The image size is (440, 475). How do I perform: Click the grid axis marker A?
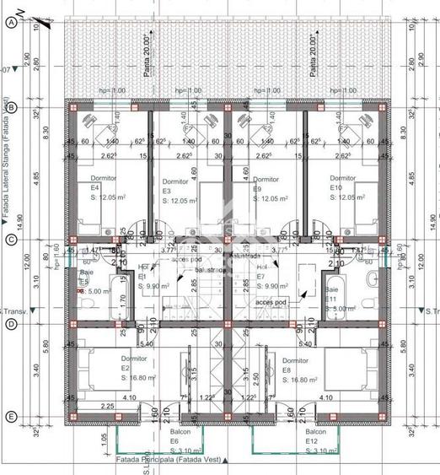pyautogui.click(x=11, y=24)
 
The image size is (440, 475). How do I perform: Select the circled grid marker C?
pyautogui.click(x=11, y=240)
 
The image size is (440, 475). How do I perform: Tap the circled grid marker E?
pyautogui.click(x=11, y=417)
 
